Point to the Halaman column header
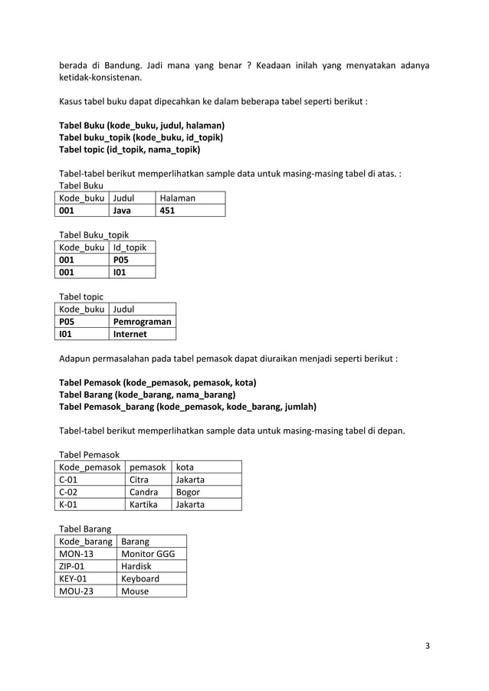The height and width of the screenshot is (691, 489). click(177, 198)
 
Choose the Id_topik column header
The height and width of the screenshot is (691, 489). click(130, 247)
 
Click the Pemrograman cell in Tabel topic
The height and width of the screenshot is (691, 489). click(142, 322)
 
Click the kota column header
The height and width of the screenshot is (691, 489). click(185, 467)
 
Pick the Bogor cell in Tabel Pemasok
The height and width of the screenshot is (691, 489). click(188, 492)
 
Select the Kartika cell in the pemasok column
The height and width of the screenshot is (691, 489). click(144, 504)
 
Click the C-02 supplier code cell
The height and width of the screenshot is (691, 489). click(69, 492)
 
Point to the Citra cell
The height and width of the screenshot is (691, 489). click(139, 480)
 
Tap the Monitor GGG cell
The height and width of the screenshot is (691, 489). click(148, 553)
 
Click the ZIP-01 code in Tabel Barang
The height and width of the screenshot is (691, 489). click(72, 566)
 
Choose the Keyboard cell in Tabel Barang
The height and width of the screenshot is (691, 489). click(141, 578)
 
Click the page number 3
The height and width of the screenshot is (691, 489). click(428, 645)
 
